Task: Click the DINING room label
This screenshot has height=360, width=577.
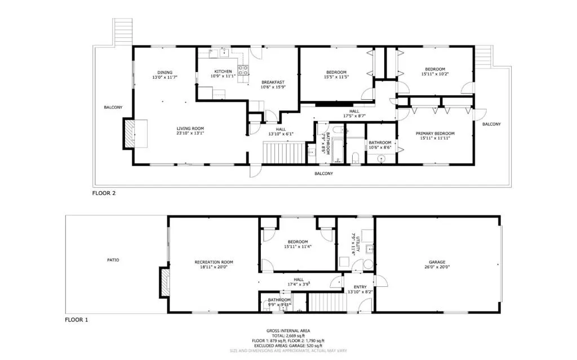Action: (x=165, y=72)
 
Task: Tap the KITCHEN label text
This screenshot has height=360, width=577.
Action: (x=223, y=72)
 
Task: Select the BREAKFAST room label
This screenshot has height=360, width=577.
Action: (x=272, y=82)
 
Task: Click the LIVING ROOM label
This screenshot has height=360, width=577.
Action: (x=190, y=128)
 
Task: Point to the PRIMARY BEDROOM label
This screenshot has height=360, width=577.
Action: (x=435, y=134)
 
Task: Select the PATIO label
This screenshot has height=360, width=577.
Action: (x=113, y=260)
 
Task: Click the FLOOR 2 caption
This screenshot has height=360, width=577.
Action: (x=104, y=193)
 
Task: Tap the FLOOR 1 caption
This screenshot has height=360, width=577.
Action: (x=77, y=320)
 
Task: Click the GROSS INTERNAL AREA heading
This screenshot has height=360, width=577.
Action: (x=287, y=331)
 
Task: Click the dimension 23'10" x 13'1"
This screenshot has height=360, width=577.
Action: (x=190, y=134)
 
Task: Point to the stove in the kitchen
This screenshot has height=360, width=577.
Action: (x=244, y=71)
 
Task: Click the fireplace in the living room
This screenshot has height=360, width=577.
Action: (x=130, y=134)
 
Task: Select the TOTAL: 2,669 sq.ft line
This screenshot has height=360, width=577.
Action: (x=287, y=336)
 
